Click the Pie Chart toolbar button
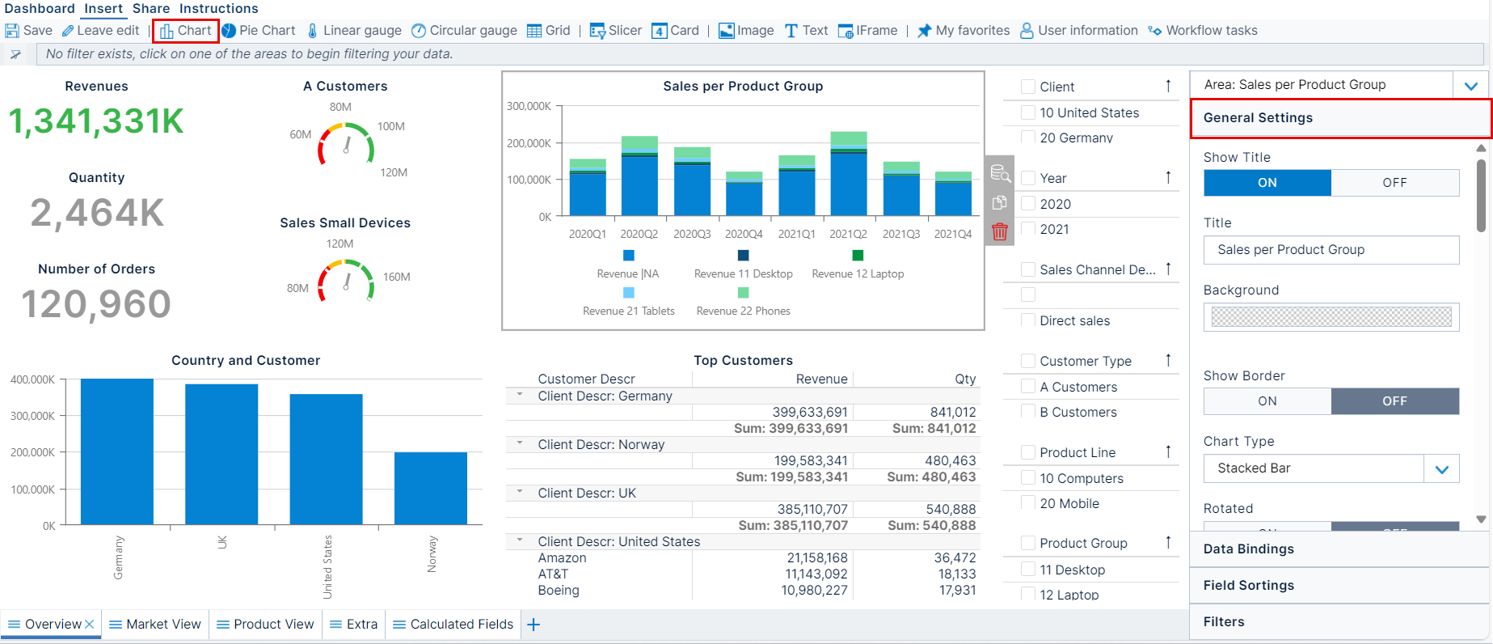tap(259, 31)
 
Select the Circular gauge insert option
tap(464, 31)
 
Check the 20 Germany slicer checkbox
tap(1028, 138)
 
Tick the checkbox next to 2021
tap(1028, 229)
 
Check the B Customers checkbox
tap(1028, 412)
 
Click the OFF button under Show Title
tap(1394, 183)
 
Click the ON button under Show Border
tap(1267, 401)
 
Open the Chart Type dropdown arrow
tap(1441, 469)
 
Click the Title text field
tap(1331, 250)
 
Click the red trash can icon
tap(1000, 232)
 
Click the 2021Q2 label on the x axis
tap(848, 234)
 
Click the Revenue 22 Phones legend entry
tap(743, 311)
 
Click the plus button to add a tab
tap(534, 625)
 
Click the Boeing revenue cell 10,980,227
tap(814, 591)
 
